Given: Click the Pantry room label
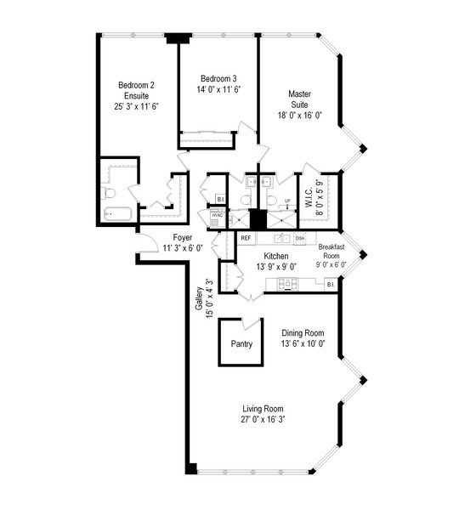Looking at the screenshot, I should (241, 345).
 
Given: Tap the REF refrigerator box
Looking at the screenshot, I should (246, 239).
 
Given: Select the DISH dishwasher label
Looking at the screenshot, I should (300, 239).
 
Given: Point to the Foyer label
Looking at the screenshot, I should (182, 237).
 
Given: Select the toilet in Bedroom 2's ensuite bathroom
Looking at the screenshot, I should (107, 192).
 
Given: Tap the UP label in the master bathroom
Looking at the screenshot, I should (287, 201).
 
